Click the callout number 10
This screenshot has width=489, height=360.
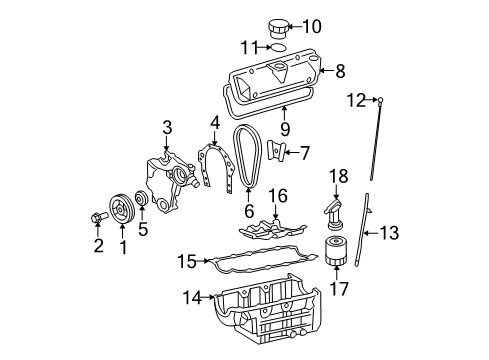[x=312, y=26]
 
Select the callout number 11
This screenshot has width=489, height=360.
[x=256, y=46]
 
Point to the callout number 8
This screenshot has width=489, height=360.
[x=340, y=71]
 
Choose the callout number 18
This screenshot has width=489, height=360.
[x=338, y=176]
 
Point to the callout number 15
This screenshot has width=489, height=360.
[x=187, y=263]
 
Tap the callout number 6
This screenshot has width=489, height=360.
[x=249, y=212]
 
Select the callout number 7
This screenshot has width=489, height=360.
[x=304, y=153]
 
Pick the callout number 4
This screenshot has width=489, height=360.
[x=213, y=124]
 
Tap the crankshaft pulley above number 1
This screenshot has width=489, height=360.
[x=123, y=207]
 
